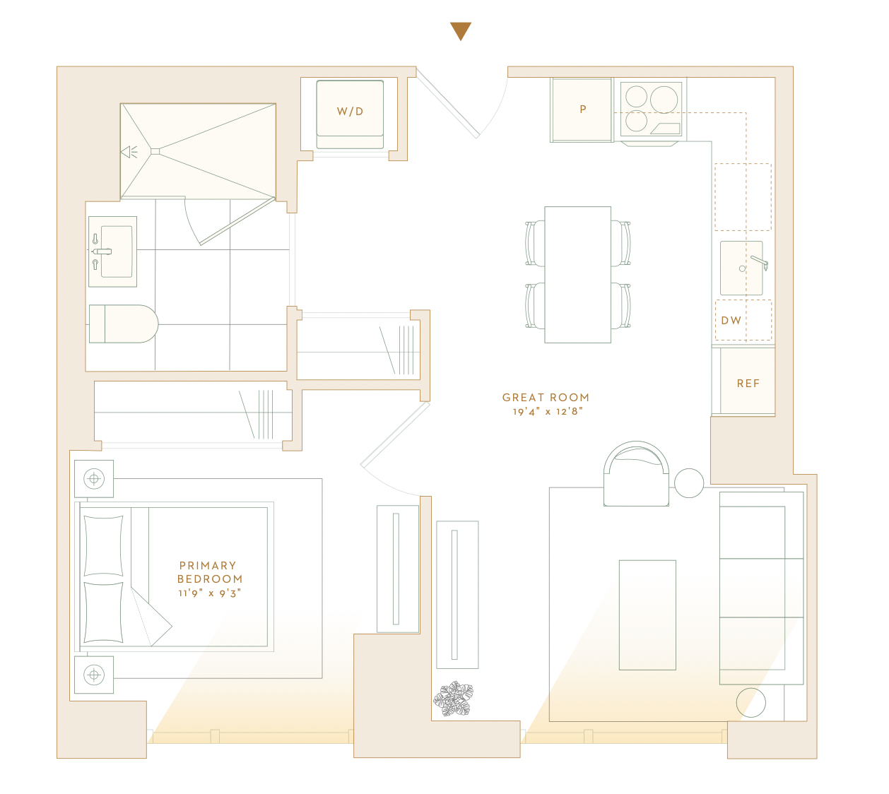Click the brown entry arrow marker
click(460, 30)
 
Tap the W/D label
click(351, 112)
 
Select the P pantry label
click(583, 109)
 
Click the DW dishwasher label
click(731, 320)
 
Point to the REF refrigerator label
click(748, 384)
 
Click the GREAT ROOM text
click(546, 398)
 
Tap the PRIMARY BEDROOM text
click(210, 572)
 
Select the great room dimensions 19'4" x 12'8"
click(548, 411)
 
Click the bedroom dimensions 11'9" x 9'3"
click(210, 593)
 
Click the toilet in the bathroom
click(123, 324)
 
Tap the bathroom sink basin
click(117, 251)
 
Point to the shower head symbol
click(129, 152)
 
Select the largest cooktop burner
click(664, 100)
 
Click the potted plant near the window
click(453, 699)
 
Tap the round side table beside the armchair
click(689, 483)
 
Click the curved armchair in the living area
click(636, 474)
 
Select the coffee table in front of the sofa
click(647, 615)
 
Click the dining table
click(577, 275)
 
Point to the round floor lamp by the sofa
click(750, 702)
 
